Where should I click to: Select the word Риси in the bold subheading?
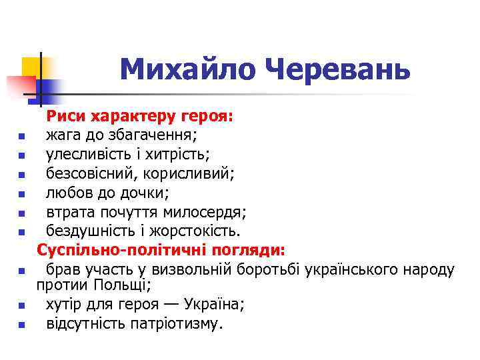coord(67,117)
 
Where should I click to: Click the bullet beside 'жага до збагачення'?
coord(22,138)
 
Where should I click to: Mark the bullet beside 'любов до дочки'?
coord(22,195)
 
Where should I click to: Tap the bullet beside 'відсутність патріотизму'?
coord(22,326)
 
